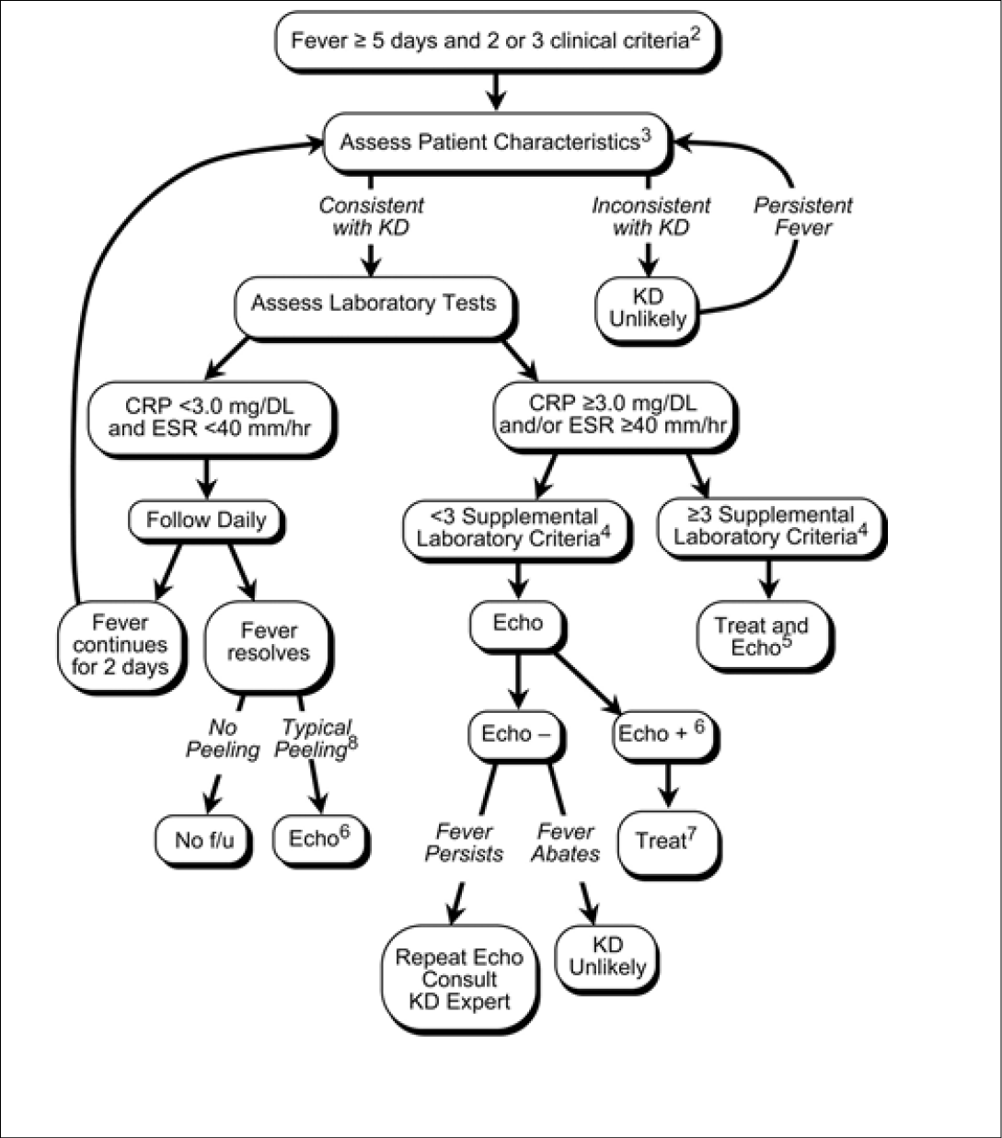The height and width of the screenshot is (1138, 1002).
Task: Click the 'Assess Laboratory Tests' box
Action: coord(373,304)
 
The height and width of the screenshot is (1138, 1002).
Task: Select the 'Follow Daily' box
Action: coord(206,520)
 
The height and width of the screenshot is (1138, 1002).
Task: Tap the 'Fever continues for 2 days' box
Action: coord(121,644)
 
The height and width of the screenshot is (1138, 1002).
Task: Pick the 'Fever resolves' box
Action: coord(269,642)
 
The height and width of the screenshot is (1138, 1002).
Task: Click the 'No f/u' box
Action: coord(202,840)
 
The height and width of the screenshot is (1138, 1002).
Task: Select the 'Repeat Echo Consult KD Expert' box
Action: coord(458,979)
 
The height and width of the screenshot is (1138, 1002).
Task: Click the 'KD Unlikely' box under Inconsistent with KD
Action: coord(648,308)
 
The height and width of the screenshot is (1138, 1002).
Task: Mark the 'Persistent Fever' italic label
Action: coord(803,216)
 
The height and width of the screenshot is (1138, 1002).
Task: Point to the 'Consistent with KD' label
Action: coord(372,216)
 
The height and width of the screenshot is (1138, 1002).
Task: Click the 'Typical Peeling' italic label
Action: coord(317,739)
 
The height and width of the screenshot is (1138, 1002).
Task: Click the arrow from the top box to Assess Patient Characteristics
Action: coord(497,91)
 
